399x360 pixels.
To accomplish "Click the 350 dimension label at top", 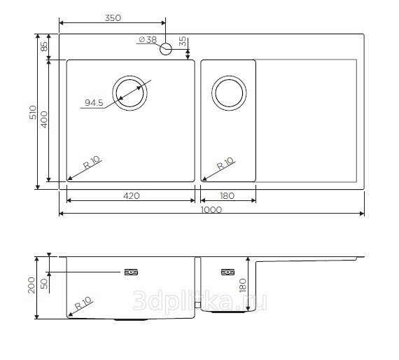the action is [113, 18].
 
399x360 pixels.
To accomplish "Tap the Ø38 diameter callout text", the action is [148, 40].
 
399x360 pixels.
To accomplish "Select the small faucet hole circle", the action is [166, 49].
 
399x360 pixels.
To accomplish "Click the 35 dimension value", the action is [183, 41].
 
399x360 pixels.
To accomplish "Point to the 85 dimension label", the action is [44, 46].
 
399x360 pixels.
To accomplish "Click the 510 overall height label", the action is [33, 112].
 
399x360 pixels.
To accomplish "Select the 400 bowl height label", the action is [44, 119].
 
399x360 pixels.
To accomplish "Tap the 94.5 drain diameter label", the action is [94, 103].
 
